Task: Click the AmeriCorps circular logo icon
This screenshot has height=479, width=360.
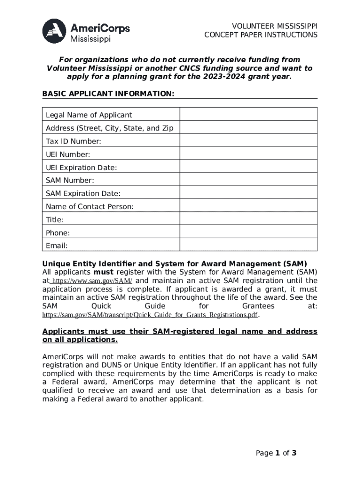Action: (54, 31)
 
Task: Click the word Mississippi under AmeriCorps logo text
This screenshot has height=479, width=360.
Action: (90, 39)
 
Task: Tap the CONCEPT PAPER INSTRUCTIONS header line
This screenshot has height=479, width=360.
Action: (260, 35)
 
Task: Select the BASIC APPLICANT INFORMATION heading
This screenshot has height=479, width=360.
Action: (108, 94)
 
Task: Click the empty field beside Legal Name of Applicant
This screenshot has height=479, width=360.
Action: (249, 115)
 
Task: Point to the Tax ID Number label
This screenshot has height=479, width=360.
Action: (73, 141)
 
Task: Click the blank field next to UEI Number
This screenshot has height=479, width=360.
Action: (249, 154)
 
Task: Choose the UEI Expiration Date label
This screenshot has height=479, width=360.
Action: (81, 167)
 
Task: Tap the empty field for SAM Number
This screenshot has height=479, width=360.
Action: (249, 181)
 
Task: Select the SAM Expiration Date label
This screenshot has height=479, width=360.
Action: (83, 194)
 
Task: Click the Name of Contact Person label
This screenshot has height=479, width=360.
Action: (90, 207)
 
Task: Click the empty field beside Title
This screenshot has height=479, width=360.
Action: (249, 220)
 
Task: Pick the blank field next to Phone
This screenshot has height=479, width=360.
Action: (249, 233)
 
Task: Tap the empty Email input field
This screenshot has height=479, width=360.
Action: (249, 246)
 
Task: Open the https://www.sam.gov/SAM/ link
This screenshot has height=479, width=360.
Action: (92, 281)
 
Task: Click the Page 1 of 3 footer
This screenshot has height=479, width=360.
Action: (276, 453)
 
